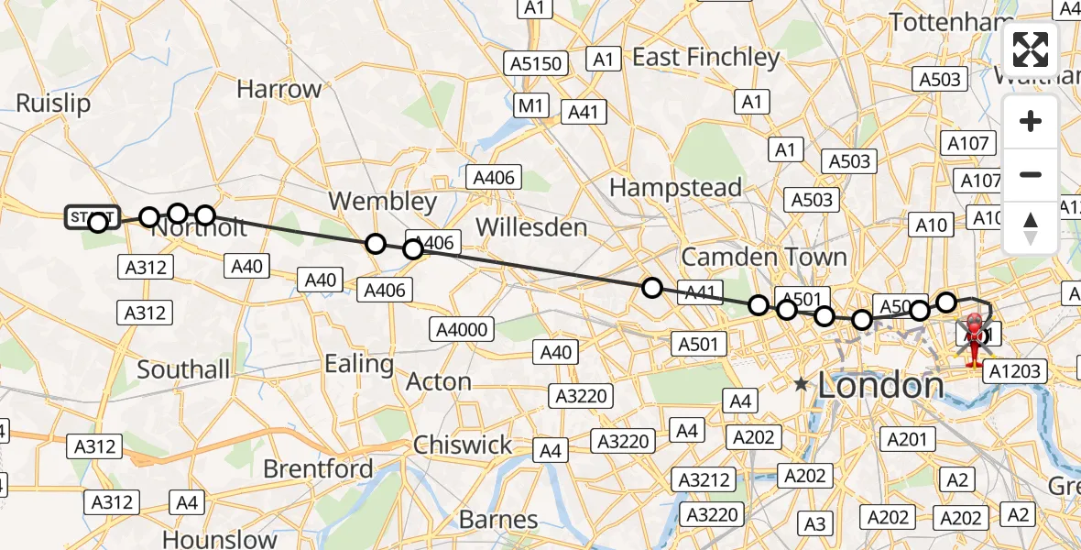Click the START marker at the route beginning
click(92, 218)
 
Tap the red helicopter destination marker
click(974, 335)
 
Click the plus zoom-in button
click(1031, 121)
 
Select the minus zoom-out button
click(1031, 174)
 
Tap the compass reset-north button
click(1031, 227)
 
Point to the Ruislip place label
click(53, 104)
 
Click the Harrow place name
click(278, 90)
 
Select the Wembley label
click(383, 201)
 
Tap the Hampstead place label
click(675, 188)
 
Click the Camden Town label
click(764, 257)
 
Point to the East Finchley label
click(705, 58)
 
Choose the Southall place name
click(183, 369)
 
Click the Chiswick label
click(463, 445)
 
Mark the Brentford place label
click(318, 469)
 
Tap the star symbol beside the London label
click(802, 385)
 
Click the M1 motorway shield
click(530, 105)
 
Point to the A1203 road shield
click(1012, 371)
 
